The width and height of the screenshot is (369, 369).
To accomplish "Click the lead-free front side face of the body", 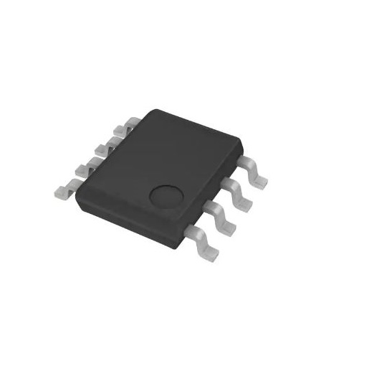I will (133, 211).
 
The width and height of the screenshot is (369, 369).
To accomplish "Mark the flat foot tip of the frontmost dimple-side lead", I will (213, 251).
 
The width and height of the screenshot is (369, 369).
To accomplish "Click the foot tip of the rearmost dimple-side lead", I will (263, 179).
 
